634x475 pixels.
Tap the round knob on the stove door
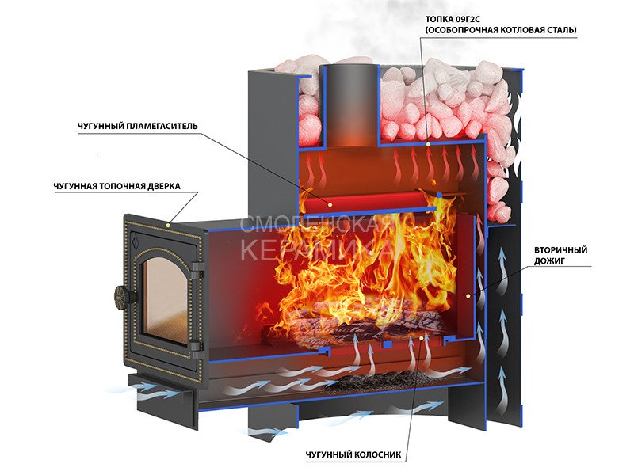tap(121, 295)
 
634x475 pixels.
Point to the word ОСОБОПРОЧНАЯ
tap(461, 30)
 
